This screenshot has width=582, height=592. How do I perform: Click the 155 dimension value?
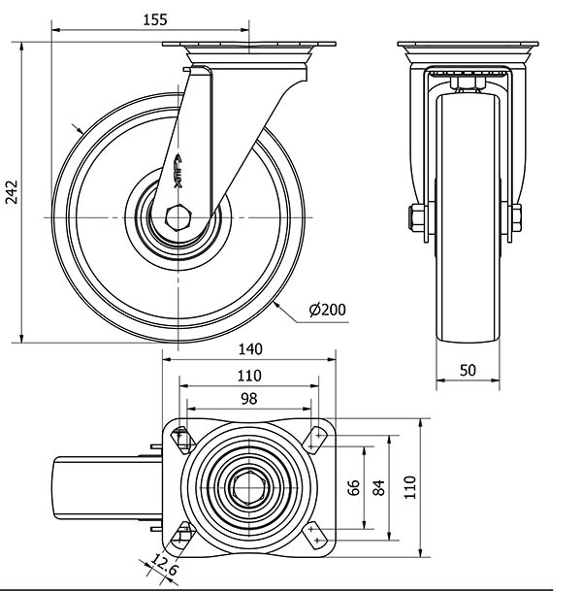[155, 20]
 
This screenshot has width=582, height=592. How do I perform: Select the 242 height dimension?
[12, 192]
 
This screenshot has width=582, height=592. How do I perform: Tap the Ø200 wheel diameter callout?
[327, 310]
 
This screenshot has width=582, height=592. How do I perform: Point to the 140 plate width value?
[250, 349]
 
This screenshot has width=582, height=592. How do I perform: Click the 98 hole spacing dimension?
[248, 399]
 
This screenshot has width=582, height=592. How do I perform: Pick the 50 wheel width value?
[468, 371]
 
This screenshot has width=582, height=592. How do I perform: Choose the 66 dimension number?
[353, 488]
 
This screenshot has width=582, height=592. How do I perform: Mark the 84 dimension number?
[378, 488]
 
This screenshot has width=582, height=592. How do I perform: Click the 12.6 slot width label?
[165, 565]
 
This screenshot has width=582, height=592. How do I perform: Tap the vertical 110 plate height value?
[410, 487]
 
